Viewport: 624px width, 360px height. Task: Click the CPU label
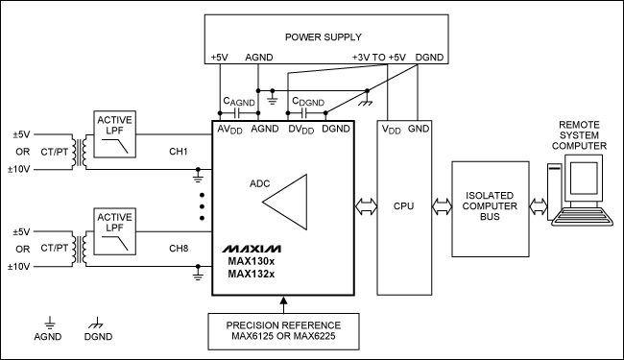click(x=402, y=206)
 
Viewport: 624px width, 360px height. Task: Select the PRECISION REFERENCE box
click(x=282, y=331)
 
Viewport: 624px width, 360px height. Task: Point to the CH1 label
click(x=178, y=153)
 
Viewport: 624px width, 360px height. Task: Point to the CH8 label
click(x=178, y=249)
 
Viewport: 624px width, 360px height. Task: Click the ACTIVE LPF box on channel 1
click(x=114, y=134)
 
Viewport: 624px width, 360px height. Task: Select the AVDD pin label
click(x=230, y=130)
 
